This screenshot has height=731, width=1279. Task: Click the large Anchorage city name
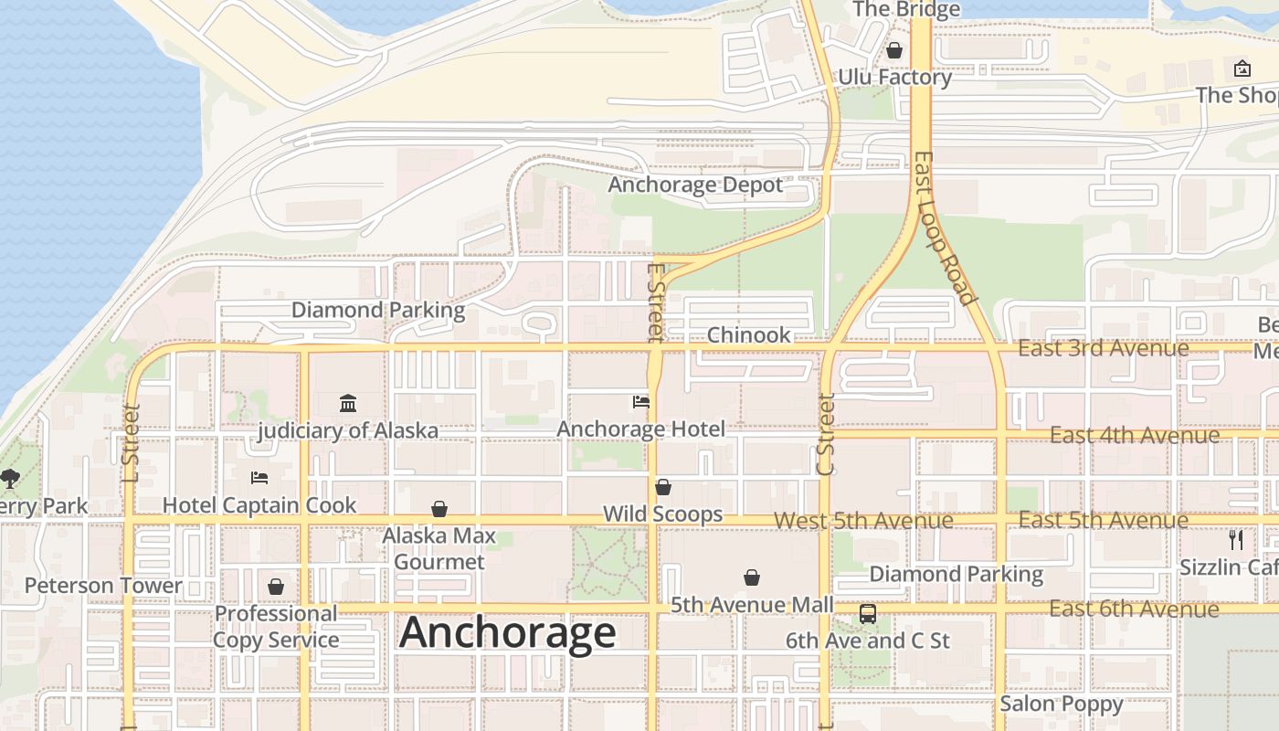click(x=508, y=632)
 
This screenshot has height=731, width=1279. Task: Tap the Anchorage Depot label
click(x=695, y=185)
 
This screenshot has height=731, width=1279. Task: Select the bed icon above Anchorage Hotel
click(x=641, y=402)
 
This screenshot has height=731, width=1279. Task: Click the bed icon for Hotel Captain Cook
click(x=259, y=478)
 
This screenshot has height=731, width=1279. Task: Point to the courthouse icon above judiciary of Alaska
click(x=348, y=403)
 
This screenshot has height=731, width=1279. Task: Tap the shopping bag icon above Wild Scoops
click(x=663, y=488)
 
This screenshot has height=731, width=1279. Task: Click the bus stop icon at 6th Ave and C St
click(x=868, y=614)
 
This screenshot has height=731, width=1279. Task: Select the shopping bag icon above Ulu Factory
click(x=894, y=51)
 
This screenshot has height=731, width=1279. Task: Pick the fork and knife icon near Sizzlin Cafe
click(x=1236, y=539)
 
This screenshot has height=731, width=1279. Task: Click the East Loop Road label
click(x=945, y=228)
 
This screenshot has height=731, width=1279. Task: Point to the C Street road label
click(x=826, y=435)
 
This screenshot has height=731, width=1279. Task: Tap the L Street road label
click(x=131, y=443)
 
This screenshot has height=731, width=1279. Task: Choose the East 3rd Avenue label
click(x=1104, y=348)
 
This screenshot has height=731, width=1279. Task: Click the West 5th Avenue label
click(x=863, y=521)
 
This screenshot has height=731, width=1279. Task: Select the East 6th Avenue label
click(x=1134, y=609)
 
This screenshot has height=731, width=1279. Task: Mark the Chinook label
click(x=749, y=335)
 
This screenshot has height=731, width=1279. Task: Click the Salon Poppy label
click(x=1061, y=704)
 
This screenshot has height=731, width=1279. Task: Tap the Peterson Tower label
click(x=103, y=586)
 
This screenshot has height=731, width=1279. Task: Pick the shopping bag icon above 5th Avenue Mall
click(x=752, y=578)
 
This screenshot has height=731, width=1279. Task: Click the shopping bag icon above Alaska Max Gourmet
click(x=439, y=509)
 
